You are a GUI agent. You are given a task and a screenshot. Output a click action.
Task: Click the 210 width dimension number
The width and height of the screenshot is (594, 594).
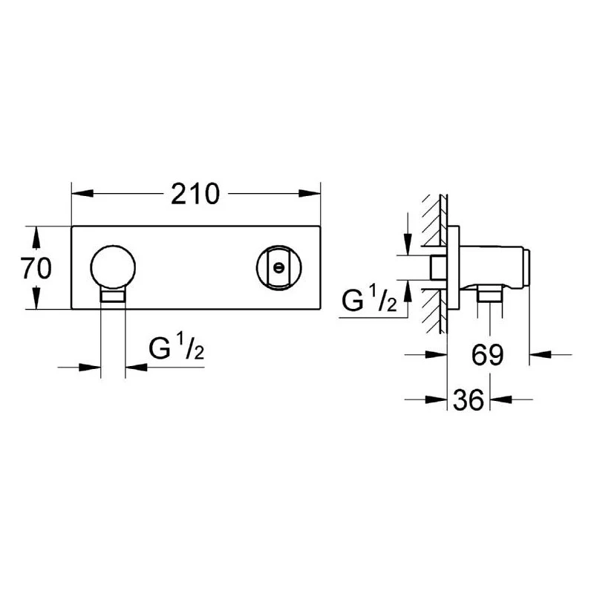[x=196, y=195]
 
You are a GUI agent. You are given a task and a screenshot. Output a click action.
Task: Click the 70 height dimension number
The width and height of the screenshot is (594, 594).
[x=36, y=268]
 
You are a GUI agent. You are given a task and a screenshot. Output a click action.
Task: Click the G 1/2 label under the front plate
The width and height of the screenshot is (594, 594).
[x=177, y=349]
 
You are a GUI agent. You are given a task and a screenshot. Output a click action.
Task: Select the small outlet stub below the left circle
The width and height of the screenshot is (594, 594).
[x=113, y=298]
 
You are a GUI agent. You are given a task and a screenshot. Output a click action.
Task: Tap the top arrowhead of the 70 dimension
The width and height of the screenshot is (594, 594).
[x=36, y=233]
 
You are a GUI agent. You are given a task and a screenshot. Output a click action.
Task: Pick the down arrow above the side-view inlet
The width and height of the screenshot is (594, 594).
[x=407, y=245]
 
